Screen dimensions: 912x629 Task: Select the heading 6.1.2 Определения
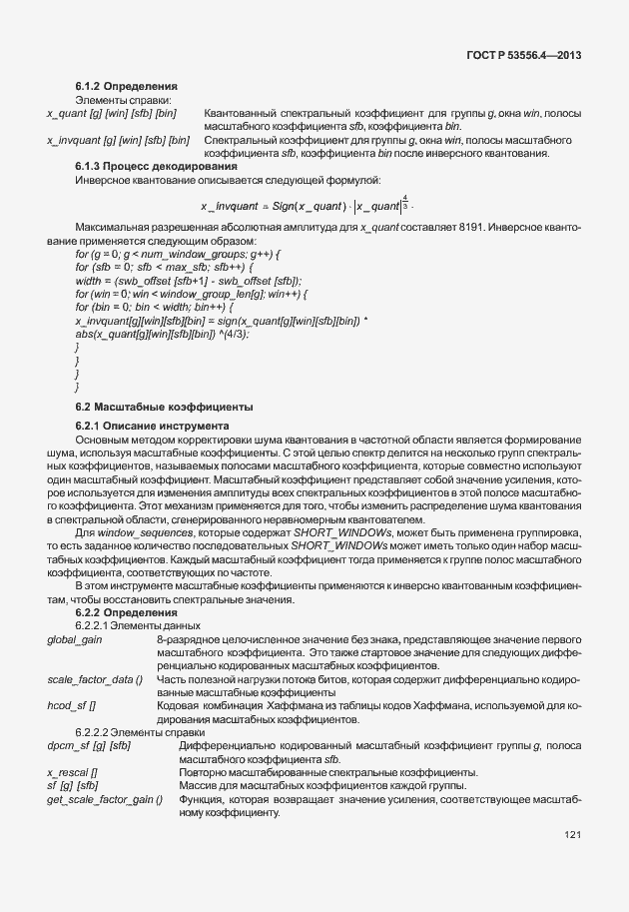[x=126, y=88]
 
